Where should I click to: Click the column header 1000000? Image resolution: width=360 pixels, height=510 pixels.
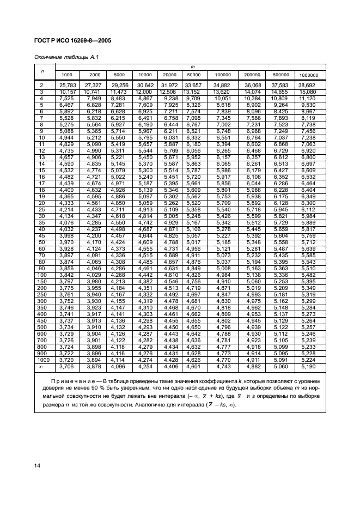click(308, 75)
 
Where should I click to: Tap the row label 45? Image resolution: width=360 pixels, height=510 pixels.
click(41, 235)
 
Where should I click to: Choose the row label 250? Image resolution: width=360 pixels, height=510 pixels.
click(41, 295)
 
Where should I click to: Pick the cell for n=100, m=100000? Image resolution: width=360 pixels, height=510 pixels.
click(223, 275)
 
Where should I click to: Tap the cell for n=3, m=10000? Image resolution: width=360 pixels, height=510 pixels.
click(145, 92)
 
